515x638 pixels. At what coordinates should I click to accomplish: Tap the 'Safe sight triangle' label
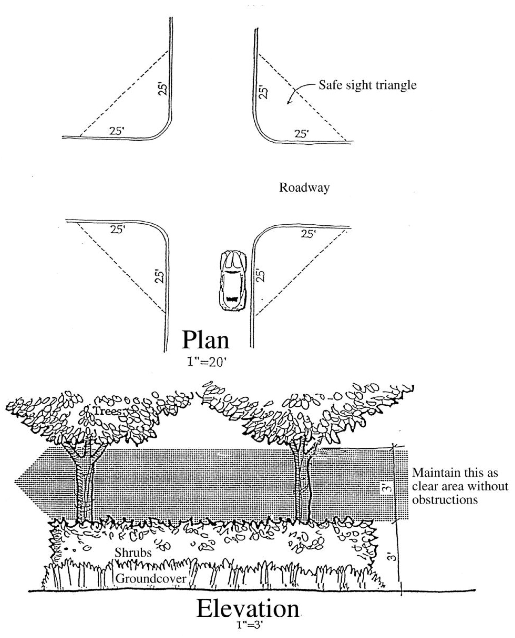coord(368,85)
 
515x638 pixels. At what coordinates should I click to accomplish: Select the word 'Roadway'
coord(304,188)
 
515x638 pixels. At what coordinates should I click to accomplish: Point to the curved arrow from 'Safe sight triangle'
coord(300,92)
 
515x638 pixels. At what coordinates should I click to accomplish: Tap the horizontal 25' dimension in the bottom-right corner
coord(308,234)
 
